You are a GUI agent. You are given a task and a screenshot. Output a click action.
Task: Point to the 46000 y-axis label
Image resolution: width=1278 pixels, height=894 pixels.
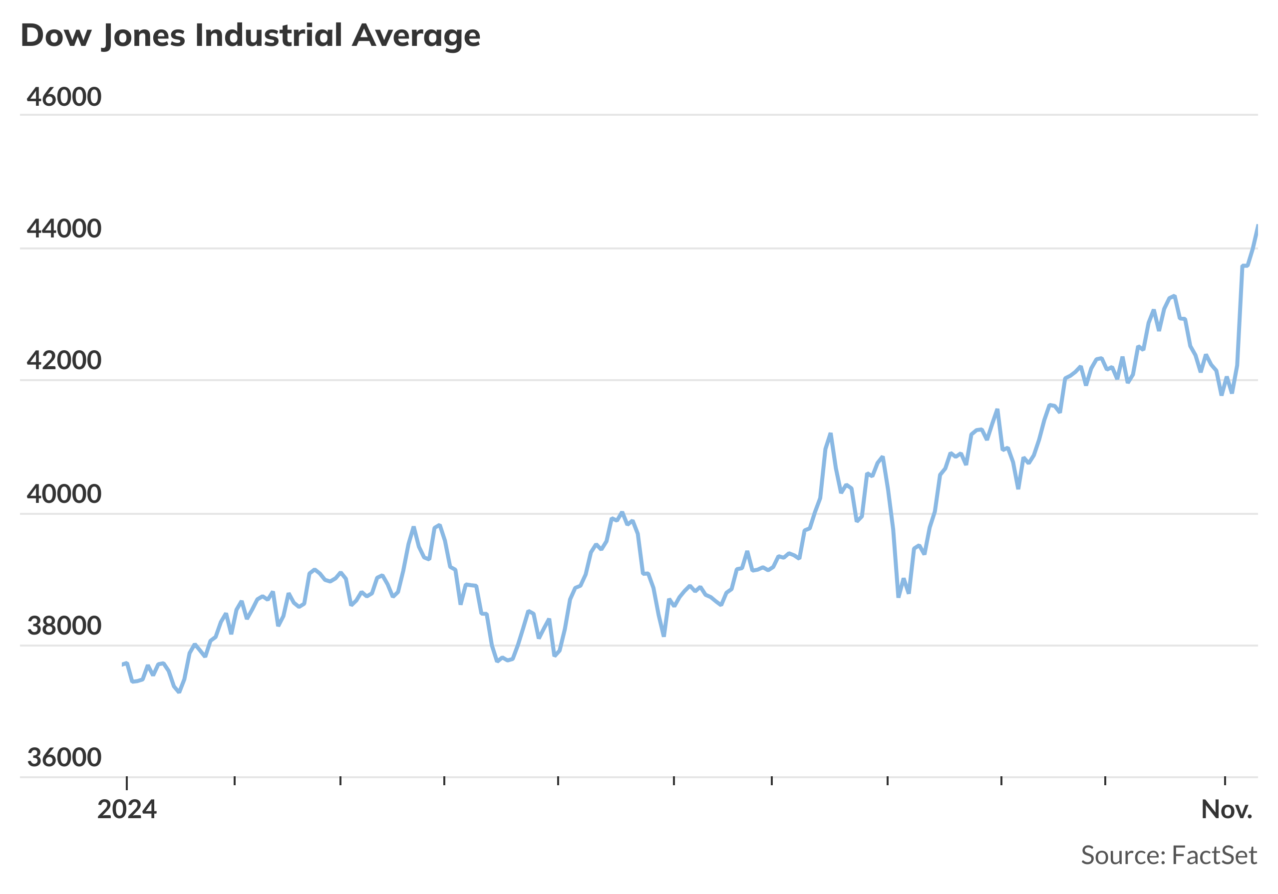[64, 97]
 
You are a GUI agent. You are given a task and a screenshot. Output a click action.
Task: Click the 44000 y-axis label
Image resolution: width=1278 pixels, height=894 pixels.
[64, 228]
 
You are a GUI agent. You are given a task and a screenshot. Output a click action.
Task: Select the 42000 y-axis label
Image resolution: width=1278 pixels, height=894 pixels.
[64, 361]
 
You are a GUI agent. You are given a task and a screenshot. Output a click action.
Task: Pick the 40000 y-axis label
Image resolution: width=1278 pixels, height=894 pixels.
[64, 494]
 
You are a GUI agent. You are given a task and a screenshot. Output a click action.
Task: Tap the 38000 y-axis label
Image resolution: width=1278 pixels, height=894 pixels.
[64, 626]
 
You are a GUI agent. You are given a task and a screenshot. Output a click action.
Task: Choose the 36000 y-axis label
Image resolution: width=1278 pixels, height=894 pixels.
[64, 758]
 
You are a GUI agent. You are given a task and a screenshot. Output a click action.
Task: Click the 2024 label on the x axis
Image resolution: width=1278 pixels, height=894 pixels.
[127, 810]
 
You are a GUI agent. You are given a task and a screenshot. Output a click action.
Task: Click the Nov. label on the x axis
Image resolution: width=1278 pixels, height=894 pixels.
[1227, 810]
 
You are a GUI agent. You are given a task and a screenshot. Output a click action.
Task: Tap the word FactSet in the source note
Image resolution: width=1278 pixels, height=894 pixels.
[1214, 856]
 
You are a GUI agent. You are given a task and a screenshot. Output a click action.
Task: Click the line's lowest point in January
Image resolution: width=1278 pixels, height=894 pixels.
[179, 691]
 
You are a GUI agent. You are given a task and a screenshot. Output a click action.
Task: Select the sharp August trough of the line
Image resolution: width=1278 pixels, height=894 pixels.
[899, 596]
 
